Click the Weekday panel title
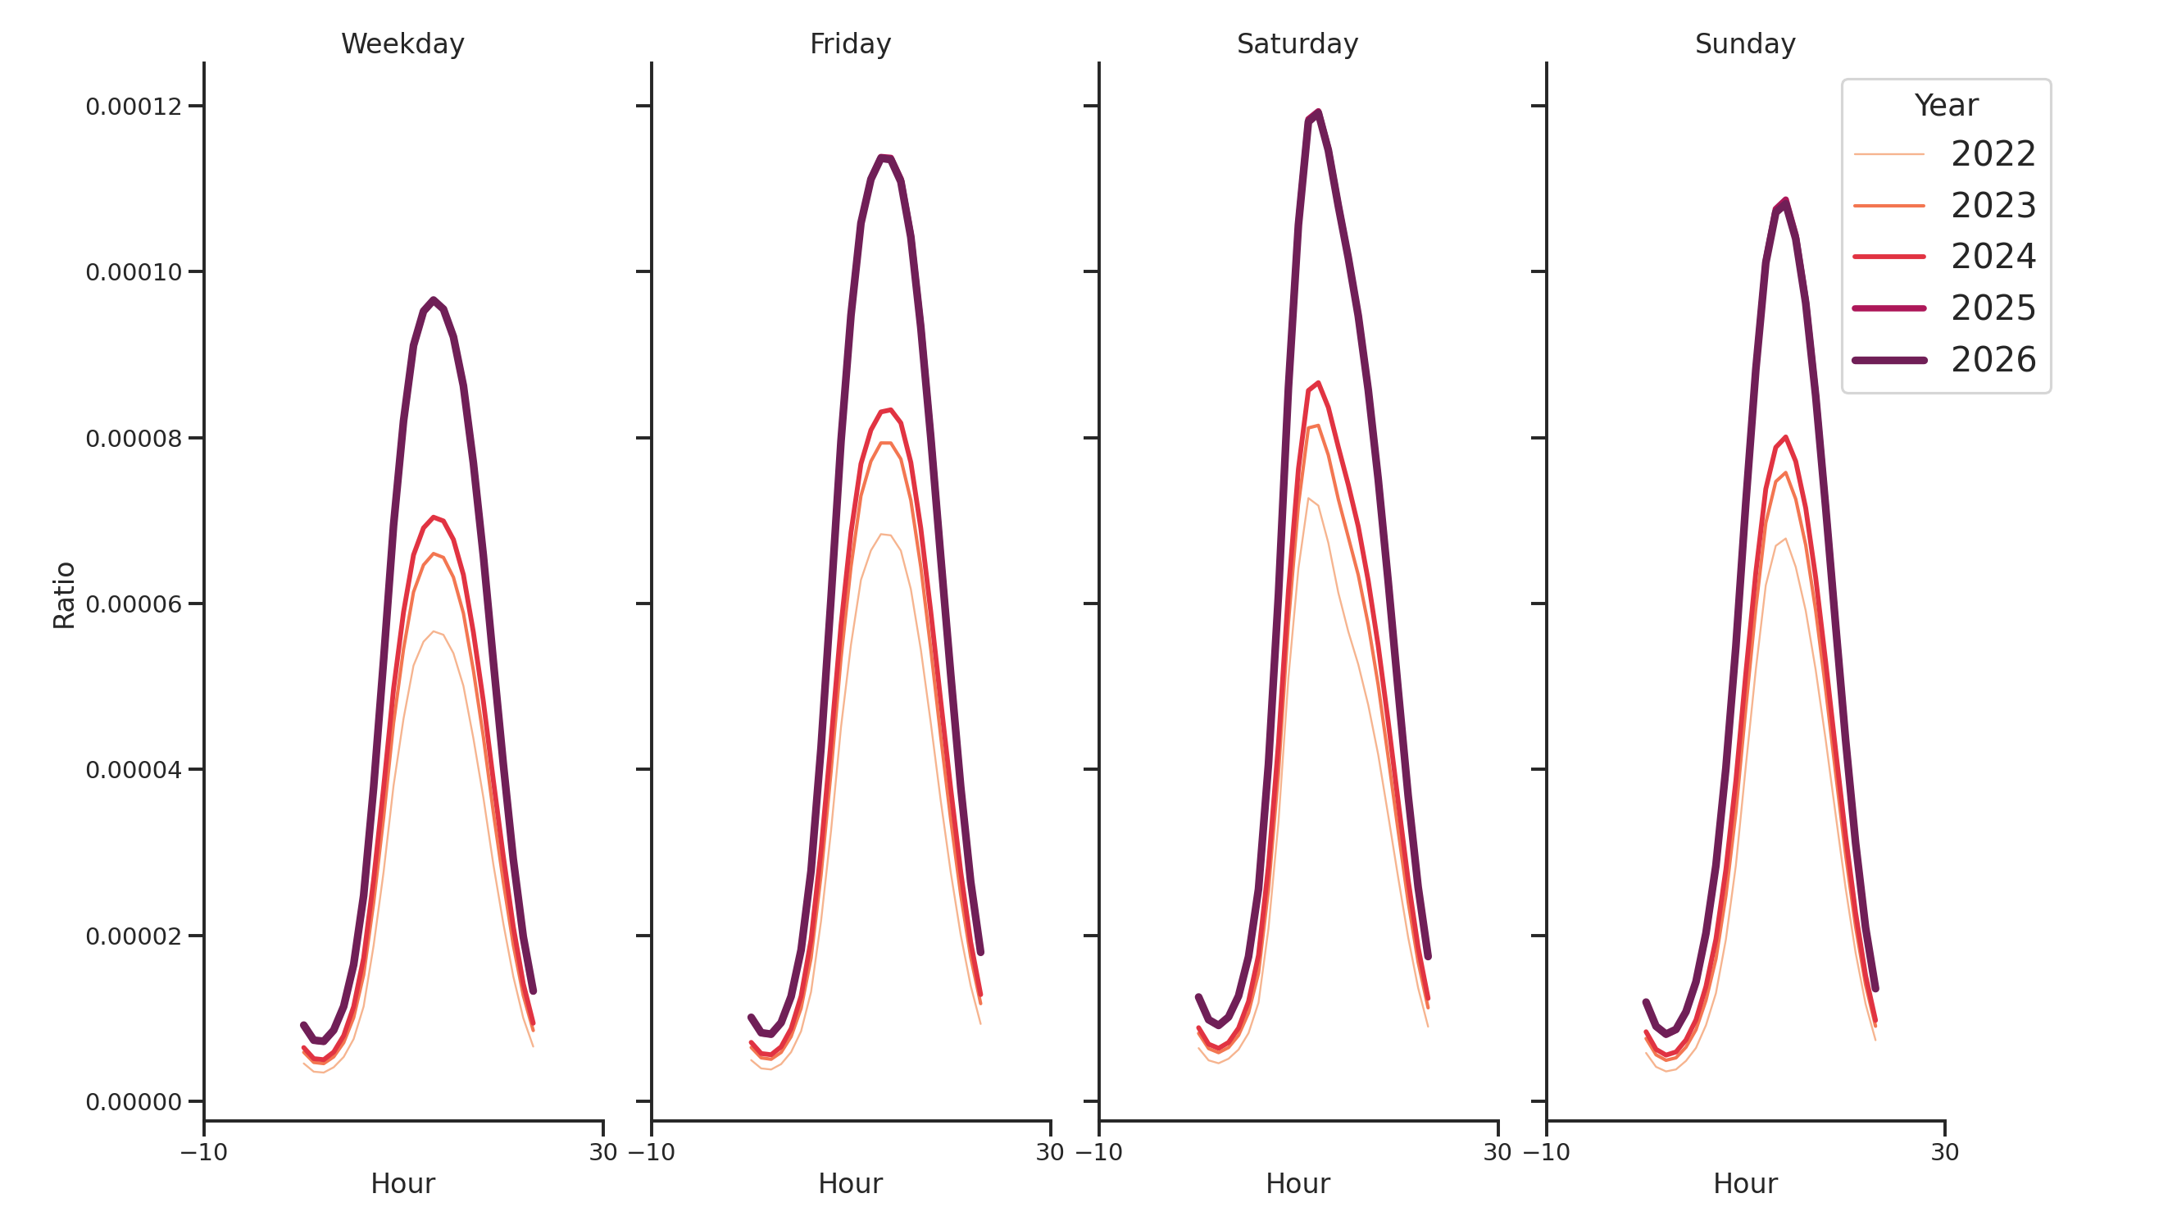pos(402,44)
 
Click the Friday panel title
pos(849,44)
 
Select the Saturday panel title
pos(1297,44)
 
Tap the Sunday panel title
pos(1744,44)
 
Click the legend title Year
pos(1945,106)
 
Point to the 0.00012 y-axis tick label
pos(134,107)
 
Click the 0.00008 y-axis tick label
pos(134,439)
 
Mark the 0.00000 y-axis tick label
pos(134,1102)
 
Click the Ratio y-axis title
pos(64,595)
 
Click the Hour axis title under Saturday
pos(1297,1183)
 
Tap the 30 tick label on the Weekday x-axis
pos(602,1152)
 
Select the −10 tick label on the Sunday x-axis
pos(1546,1152)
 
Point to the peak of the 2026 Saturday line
pos(1317,112)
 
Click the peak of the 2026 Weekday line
pos(433,300)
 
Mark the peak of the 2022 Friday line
pos(880,535)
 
